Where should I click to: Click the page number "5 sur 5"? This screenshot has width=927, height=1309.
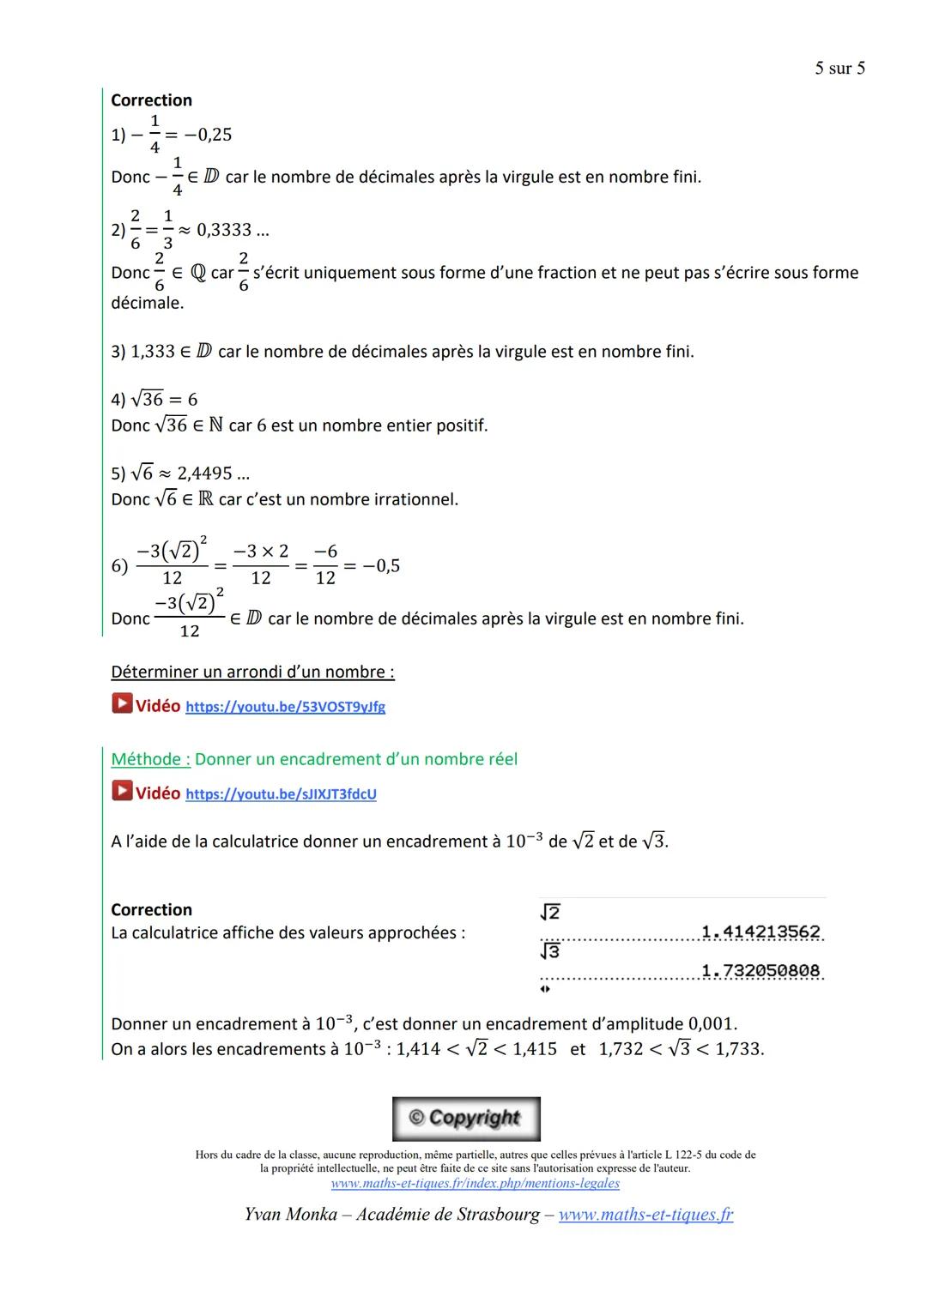(839, 69)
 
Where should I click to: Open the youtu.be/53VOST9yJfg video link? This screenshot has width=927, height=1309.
(285, 707)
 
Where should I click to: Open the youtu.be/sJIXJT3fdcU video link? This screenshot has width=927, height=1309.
(281, 794)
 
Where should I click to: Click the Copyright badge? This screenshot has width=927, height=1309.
(466, 1119)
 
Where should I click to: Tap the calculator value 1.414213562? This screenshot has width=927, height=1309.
(760, 932)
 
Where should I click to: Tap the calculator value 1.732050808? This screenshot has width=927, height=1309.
(760, 971)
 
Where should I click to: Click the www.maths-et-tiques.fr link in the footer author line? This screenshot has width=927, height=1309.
(645, 1215)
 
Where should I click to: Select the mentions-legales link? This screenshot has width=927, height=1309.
(475, 1184)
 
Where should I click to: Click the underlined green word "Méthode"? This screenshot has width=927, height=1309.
(150, 759)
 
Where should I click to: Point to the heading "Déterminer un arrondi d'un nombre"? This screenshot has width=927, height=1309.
(252, 672)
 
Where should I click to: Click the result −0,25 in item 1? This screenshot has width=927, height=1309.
(209, 135)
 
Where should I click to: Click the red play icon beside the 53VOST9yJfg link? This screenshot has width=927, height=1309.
(122, 704)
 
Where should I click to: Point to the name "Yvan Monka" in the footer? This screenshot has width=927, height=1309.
(290, 1215)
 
